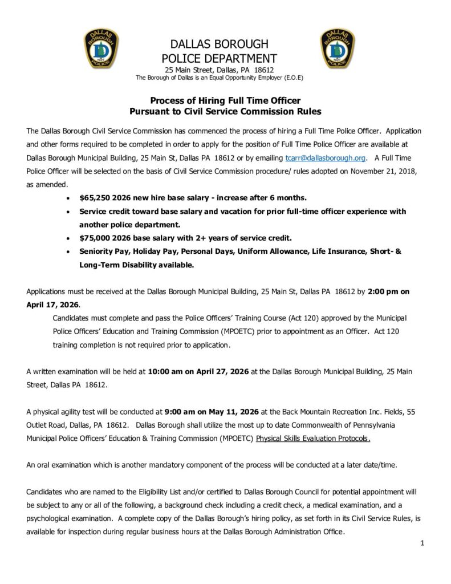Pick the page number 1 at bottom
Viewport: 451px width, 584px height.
(x=422, y=543)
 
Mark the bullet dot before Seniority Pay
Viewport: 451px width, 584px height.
(x=69, y=252)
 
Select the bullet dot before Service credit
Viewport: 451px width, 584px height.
(x=69, y=212)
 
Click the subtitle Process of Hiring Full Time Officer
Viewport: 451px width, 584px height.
(x=225, y=100)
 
